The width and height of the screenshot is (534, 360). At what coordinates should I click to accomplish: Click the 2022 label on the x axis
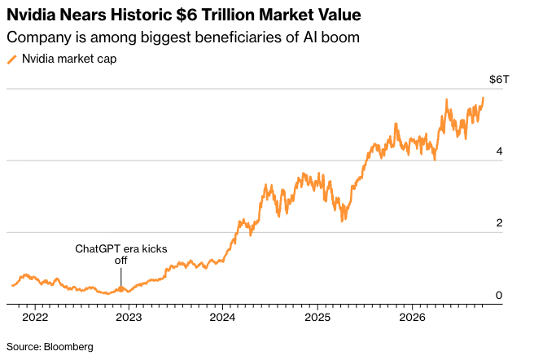35,318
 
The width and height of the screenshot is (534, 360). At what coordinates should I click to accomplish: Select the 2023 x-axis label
129,318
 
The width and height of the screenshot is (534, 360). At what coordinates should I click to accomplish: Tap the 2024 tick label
222,318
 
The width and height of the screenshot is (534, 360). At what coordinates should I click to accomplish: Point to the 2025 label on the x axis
317,318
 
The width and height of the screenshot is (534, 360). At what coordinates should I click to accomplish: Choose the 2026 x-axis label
412,318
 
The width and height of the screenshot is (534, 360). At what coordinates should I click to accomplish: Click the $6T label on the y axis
499,80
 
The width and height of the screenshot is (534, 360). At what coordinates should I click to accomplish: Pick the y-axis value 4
499,151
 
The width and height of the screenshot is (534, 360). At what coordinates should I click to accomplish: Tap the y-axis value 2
499,223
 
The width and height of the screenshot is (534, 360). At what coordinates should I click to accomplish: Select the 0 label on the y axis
499,295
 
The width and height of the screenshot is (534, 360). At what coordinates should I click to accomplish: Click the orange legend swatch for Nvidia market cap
11,59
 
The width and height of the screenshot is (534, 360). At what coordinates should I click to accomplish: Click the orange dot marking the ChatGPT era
121,289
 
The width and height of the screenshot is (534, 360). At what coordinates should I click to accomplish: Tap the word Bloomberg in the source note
68,347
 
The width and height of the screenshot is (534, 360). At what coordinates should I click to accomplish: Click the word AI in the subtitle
310,37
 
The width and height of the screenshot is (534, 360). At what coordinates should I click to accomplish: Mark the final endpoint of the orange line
484,98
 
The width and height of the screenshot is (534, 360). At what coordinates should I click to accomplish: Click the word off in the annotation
121,261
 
